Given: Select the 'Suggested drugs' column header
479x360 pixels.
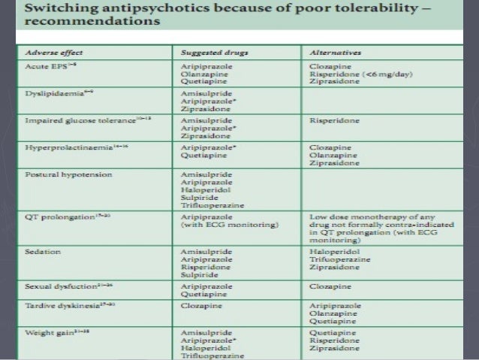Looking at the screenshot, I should [x=212, y=53].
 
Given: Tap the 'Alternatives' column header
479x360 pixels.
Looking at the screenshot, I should [x=335, y=53].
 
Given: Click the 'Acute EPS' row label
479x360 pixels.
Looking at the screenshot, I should [x=45, y=65].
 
